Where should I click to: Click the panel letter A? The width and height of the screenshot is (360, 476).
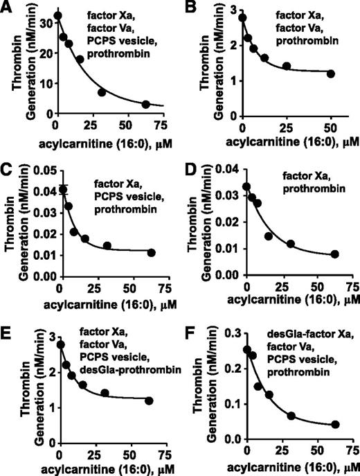coord(8,8)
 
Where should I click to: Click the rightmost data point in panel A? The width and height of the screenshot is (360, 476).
coord(146,104)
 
